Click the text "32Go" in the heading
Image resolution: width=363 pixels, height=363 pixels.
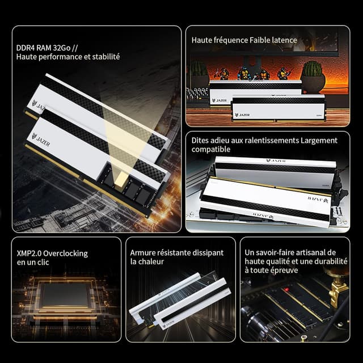62,48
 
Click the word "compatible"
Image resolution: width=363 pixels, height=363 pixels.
211,149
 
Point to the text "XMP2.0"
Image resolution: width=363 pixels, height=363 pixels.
29,254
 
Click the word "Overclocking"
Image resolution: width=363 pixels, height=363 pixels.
66,254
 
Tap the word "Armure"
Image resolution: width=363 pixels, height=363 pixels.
142,252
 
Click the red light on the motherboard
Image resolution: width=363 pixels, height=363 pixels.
287,289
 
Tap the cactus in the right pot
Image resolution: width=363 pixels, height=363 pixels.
313,69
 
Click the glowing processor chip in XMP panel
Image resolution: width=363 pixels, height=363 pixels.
65,295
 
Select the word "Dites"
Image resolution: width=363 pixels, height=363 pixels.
199,140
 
